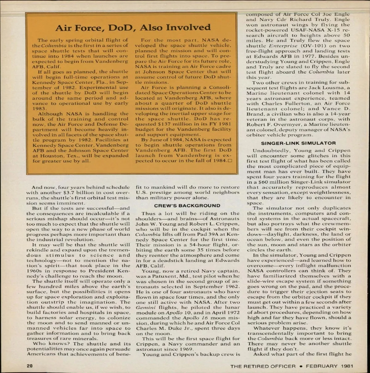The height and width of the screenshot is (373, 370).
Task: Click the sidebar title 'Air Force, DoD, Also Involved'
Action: coord(133,28)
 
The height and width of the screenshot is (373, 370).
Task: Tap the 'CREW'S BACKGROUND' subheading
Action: coord(187,205)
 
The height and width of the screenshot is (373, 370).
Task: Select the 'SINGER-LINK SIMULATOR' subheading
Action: coord(298,143)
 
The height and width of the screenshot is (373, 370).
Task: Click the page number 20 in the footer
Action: coord(30,366)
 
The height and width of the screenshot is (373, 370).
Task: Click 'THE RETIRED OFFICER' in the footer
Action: coord(263,366)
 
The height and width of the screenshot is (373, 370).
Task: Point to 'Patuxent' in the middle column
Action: coord(160,276)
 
